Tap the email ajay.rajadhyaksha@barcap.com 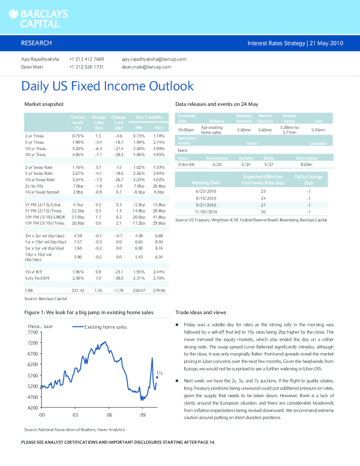(154, 59)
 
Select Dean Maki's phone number (86, 67)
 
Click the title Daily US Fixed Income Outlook (107, 86)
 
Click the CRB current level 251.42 (78, 290)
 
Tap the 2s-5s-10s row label (34, 186)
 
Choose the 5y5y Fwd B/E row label (37, 278)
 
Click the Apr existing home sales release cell (212, 129)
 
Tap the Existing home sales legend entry (105, 327)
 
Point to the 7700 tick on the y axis (32, 332)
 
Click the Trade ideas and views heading (201, 312)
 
